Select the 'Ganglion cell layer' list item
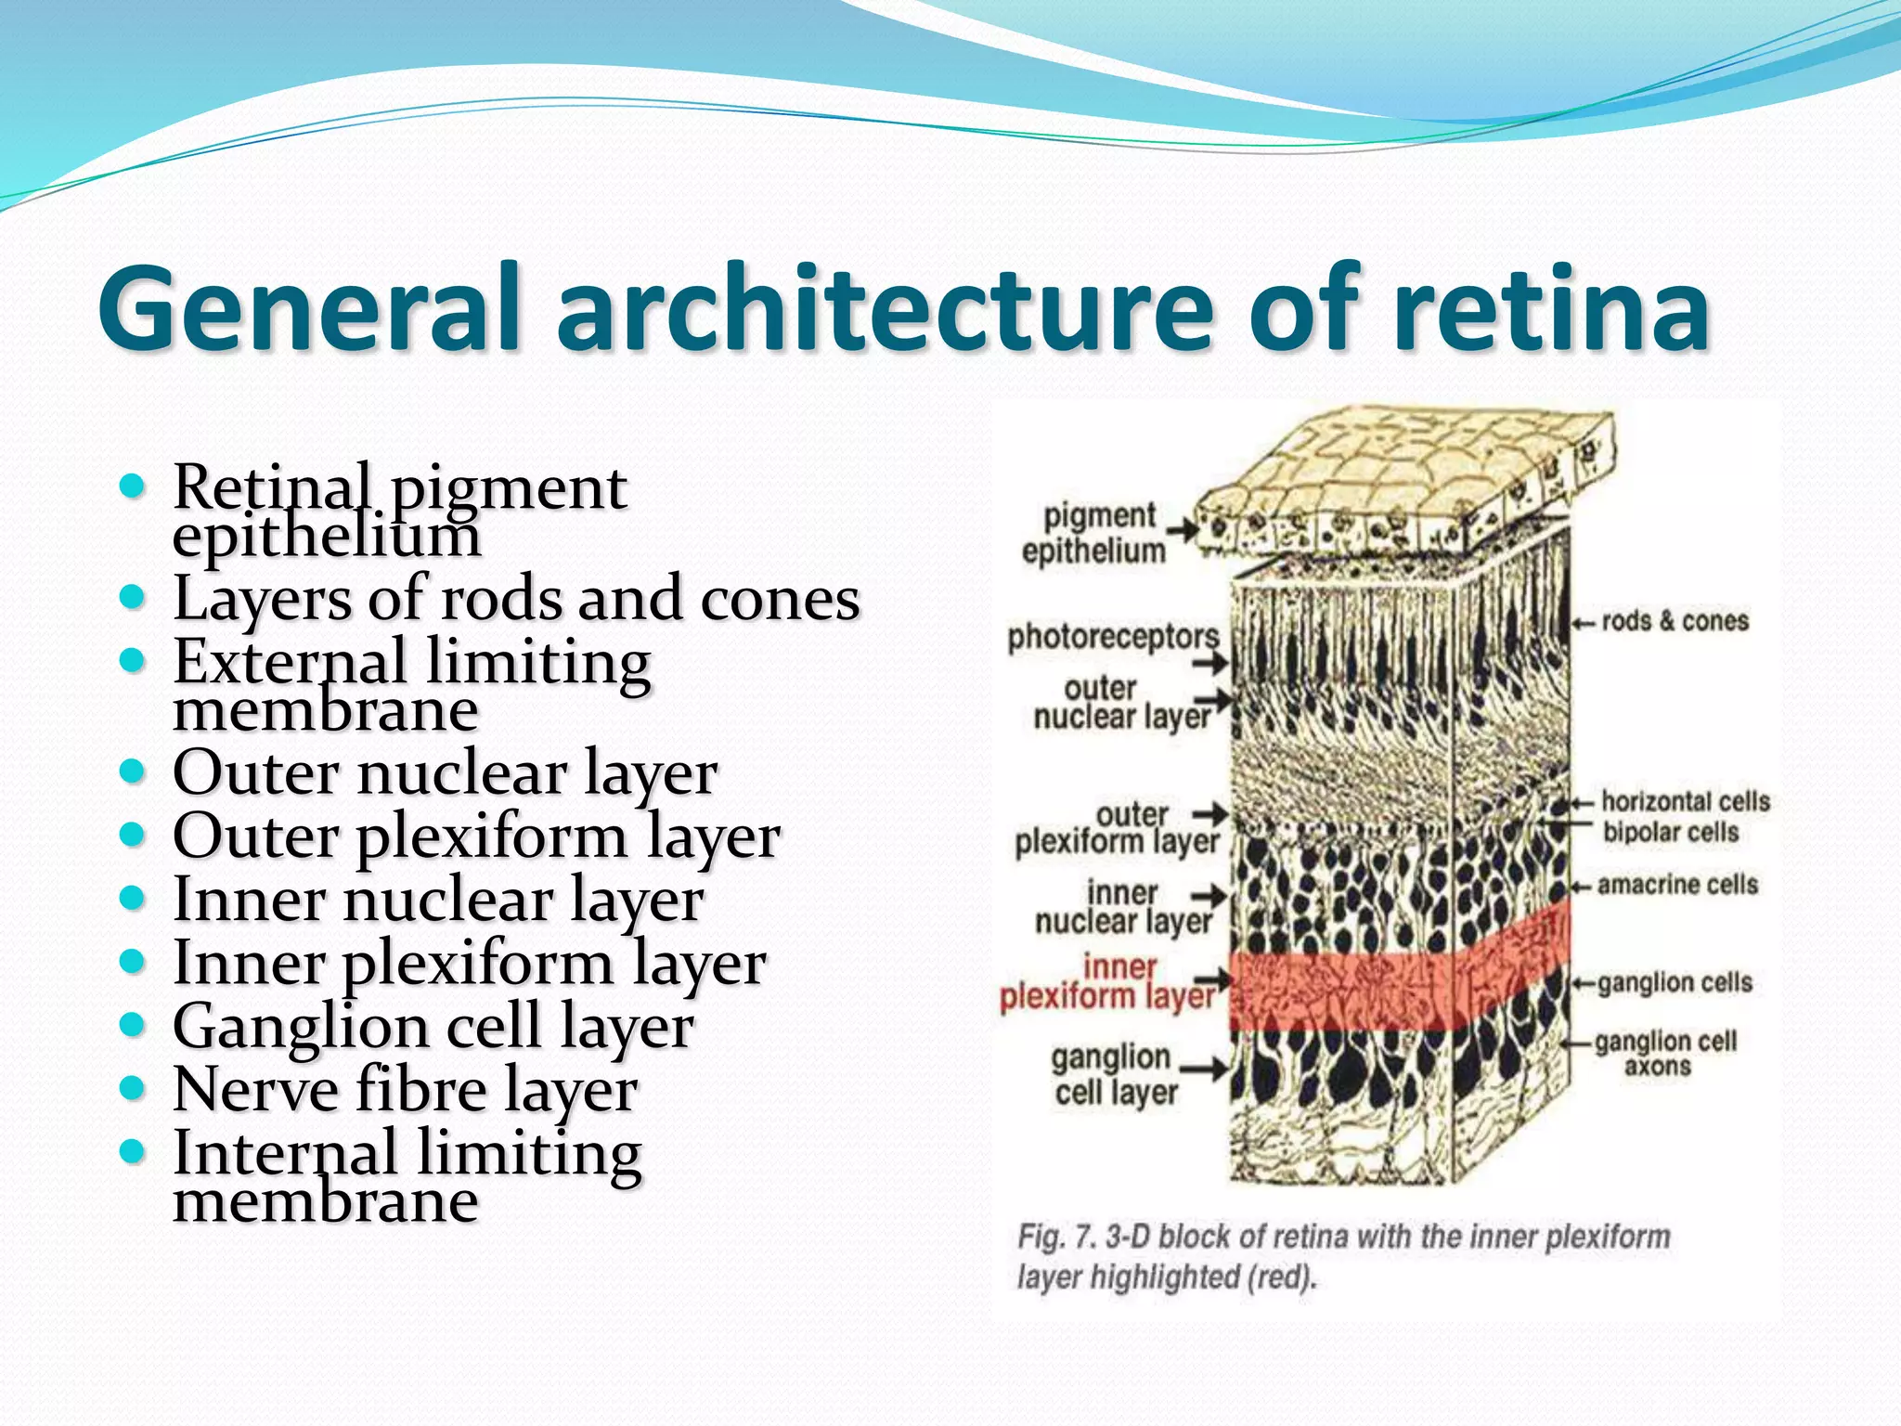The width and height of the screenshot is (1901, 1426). point(433,1026)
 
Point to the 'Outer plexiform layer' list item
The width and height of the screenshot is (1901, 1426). point(475,836)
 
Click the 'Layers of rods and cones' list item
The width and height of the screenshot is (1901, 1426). point(516,598)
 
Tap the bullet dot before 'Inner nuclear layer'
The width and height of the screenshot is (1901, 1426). point(133,898)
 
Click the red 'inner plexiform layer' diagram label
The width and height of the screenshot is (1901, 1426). point(1106,982)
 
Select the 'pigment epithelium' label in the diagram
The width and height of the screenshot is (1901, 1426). point(1095,533)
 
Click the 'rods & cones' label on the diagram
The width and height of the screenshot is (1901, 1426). point(1675,621)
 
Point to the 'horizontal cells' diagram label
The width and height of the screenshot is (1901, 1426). point(1685,801)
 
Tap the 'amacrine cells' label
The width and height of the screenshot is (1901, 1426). point(1677,885)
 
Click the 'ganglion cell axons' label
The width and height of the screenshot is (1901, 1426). point(1664,1054)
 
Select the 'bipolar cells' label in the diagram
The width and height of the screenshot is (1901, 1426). point(1670,832)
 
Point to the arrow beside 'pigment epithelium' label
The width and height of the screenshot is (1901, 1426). point(1181,531)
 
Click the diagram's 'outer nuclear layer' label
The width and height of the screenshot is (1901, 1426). point(1121,703)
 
